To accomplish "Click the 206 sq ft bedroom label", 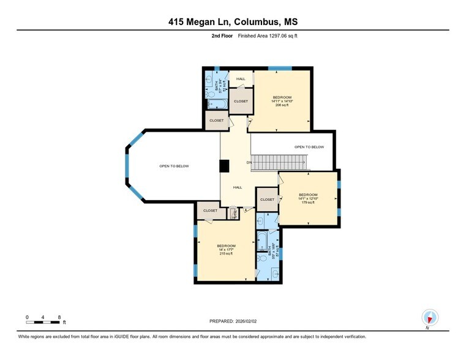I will [282, 101].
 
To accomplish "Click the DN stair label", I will [249, 162].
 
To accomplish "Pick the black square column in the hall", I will [225, 166].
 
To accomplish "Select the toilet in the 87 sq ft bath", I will [263, 267].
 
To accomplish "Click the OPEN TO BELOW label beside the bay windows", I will [174, 166].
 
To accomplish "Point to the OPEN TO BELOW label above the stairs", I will [309, 147].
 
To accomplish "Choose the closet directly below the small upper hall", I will [240, 102].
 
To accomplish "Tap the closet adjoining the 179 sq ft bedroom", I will [267, 200].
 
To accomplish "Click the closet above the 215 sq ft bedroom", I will [210, 211].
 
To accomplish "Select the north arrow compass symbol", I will [430, 317].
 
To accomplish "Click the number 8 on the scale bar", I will [59, 317].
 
